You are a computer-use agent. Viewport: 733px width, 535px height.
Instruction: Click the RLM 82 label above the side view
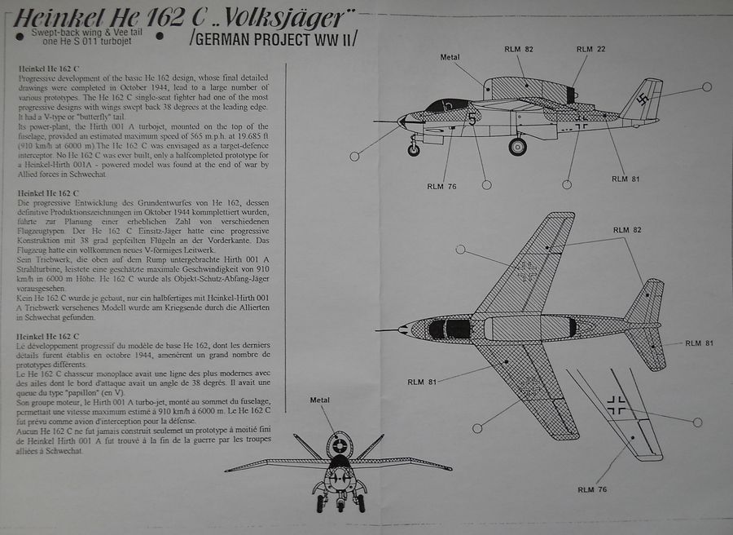coord(518,50)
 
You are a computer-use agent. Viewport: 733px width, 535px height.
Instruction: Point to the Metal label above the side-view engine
coord(450,57)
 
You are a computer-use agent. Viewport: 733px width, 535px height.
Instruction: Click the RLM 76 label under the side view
coord(441,187)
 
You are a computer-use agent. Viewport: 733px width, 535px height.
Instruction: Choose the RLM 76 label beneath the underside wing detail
coord(592,489)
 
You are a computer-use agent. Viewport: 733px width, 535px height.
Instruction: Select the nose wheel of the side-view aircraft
coord(414,150)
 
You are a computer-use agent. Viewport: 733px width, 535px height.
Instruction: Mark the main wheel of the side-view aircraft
coord(517,147)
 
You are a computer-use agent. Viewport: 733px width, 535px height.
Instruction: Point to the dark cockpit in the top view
coord(450,329)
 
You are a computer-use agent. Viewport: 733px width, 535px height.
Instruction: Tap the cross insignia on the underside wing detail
coord(617,401)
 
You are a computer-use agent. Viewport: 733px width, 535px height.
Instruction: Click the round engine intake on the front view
coord(339,445)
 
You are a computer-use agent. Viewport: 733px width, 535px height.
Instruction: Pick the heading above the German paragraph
coord(47,191)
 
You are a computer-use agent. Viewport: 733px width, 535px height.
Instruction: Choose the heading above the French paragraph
coord(47,336)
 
